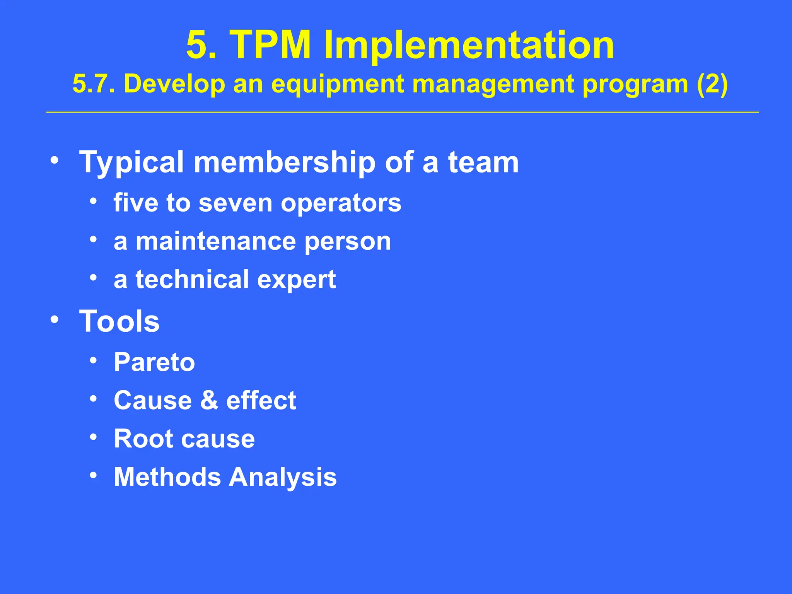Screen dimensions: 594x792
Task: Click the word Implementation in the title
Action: pyautogui.click(x=469, y=45)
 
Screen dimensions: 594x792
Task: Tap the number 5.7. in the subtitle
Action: pyautogui.click(x=94, y=84)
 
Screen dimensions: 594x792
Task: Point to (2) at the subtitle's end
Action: pyautogui.click(x=712, y=84)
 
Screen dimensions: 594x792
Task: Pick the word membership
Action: pyautogui.click(x=284, y=162)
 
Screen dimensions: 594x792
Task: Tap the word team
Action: pyautogui.click(x=483, y=162)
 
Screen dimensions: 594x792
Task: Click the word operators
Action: pyautogui.click(x=341, y=203)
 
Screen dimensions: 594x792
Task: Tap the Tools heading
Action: pyautogui.click(x=119, y=321)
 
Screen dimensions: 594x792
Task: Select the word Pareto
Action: pyautogui.click(x=154, y=362)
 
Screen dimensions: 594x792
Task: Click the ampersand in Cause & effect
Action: pyautogui.click(x=209, y=400)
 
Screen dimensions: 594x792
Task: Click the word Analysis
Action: pyautogui.click(x=283, y=477)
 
